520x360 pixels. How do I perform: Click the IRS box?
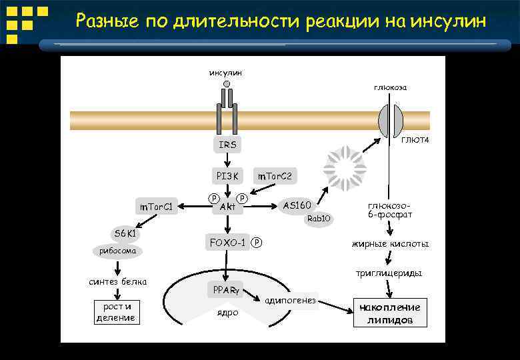[227, 145]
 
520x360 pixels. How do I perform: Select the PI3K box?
[227, 176]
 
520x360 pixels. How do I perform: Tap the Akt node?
[227, 207]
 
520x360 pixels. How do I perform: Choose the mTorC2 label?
[274, 176]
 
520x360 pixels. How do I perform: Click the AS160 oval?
[297, 205]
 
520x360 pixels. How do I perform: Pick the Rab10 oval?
[318, 219]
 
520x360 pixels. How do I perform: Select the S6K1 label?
[125, 234]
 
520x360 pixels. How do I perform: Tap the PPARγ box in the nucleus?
[227, 290]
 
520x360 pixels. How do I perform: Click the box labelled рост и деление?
[115, 312]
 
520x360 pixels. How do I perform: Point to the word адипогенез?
[290, 301]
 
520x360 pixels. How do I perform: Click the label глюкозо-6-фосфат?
[390, 210]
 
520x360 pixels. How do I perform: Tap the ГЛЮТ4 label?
[415, 139]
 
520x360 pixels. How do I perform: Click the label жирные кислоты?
[390, 244]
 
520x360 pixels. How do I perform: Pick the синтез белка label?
[118, 281]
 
